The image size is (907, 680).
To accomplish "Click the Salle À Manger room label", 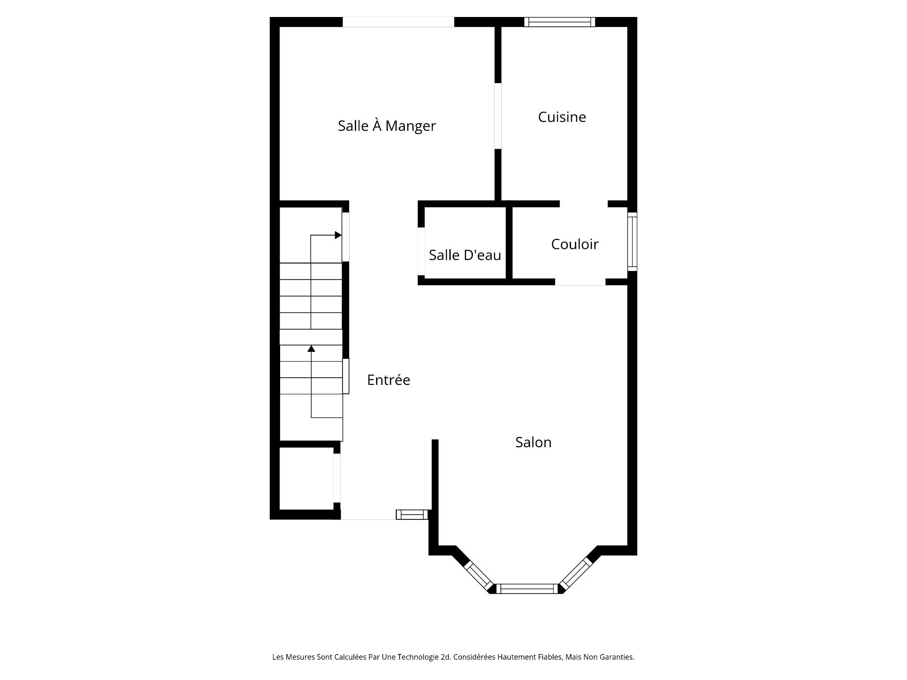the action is point(386,126).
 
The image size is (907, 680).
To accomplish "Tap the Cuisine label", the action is point(562,117).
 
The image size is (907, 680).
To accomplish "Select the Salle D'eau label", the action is point(465,255).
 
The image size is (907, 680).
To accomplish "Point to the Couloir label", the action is point(574,244).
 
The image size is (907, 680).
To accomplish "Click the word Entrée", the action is point(388,380).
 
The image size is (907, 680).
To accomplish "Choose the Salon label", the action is point(533,442).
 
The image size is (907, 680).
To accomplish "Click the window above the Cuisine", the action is point(560,22).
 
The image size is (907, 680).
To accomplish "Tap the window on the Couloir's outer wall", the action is point(632,242).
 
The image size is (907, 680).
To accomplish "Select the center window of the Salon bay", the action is point(527,588).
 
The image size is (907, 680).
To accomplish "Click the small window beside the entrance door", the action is point(412,515).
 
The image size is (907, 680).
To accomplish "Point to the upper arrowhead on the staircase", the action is point(338,235).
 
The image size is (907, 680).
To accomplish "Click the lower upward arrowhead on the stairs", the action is point(311,348).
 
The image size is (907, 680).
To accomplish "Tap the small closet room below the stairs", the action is point(307,479).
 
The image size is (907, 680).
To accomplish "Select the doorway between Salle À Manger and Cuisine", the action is point(498,116).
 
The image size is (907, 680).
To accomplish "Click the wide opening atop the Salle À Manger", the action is point(398,22).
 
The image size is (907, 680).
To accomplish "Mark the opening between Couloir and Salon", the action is point(580,282).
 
